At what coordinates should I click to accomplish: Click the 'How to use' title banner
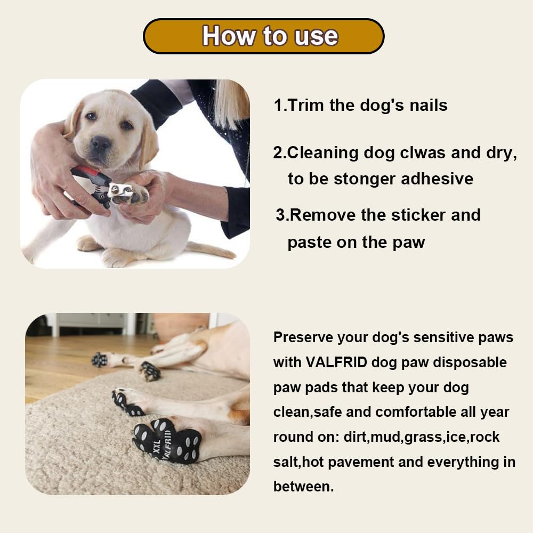(264, 36)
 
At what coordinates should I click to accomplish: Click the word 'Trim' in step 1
(306, 105)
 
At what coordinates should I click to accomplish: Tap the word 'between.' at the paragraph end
(303, 487)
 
